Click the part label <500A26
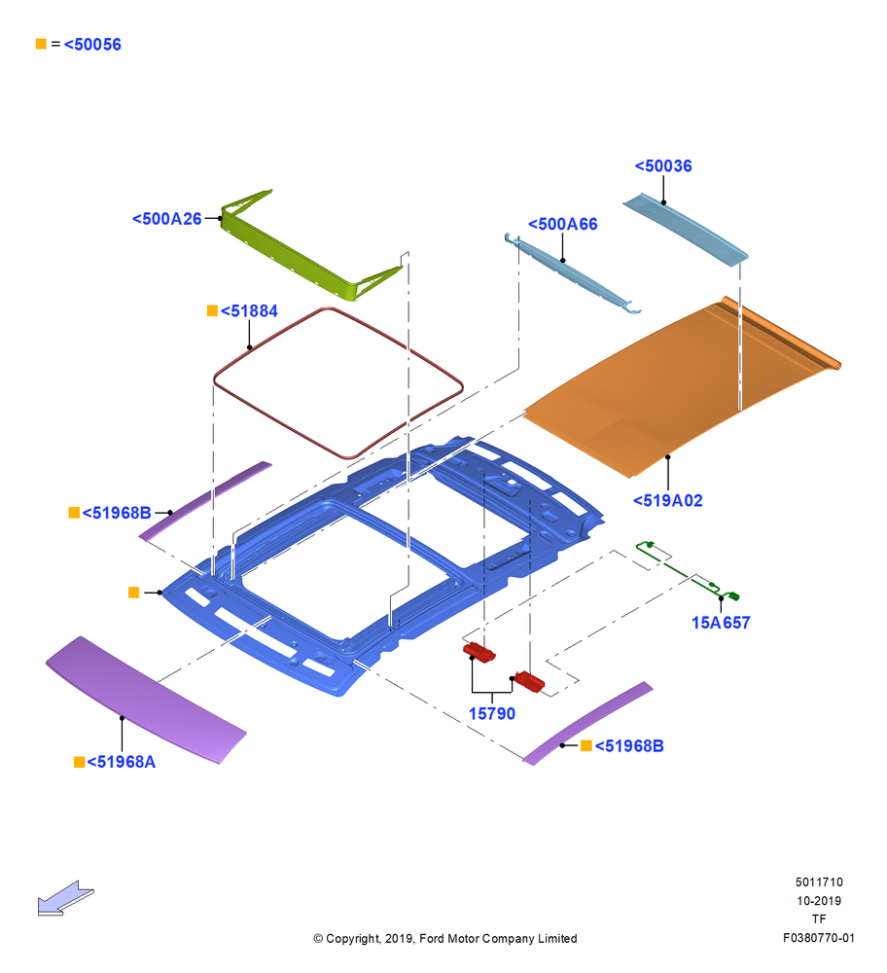[x=167, y=219]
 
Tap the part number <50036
[x=663, y=166]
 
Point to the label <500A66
[x=562, y=224]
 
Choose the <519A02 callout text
[x=667, y=501]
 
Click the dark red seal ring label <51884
[x=249, y=311]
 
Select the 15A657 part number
[x=721, y=623]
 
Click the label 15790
[x=492, y=713]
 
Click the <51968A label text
[x=121, y=762]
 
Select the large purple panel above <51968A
[x=146, y=700]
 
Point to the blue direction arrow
[x=66, y=898]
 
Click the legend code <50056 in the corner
[x=92, y=45]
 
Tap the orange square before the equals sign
[x=41, y=44]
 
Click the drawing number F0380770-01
[x=819, y=938]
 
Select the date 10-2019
[x=819, y=900]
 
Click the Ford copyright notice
[x=445, y=938]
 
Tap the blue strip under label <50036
[x=686, y=230]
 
